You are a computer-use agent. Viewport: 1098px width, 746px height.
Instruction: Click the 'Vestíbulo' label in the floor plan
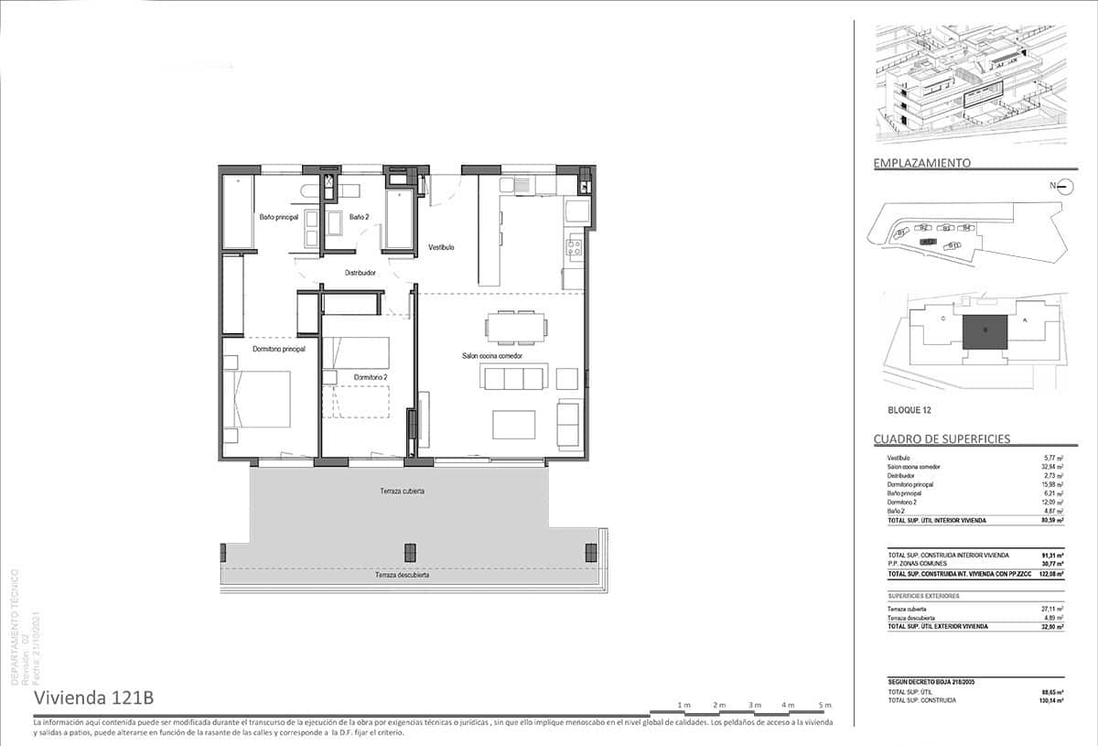(441, 247)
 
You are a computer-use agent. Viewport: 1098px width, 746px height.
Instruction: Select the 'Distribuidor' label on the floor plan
(360, 273)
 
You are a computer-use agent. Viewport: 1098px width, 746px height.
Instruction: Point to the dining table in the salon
(517, 326)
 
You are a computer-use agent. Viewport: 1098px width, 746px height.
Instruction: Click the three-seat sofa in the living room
(515, 378)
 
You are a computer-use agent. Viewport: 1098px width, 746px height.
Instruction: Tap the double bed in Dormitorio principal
(259, 399)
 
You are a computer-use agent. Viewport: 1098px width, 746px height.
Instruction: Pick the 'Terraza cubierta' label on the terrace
(402, 492)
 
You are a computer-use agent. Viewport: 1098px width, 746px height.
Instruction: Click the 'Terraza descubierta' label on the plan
(402, 576)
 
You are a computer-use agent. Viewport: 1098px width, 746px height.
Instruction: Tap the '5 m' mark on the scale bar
(824, 705)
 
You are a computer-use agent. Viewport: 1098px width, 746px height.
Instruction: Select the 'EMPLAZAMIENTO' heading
(921, 163)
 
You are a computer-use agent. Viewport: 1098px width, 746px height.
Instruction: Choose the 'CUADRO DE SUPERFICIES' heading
(942, 439)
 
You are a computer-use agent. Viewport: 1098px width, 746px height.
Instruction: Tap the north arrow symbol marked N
(1063, 188)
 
